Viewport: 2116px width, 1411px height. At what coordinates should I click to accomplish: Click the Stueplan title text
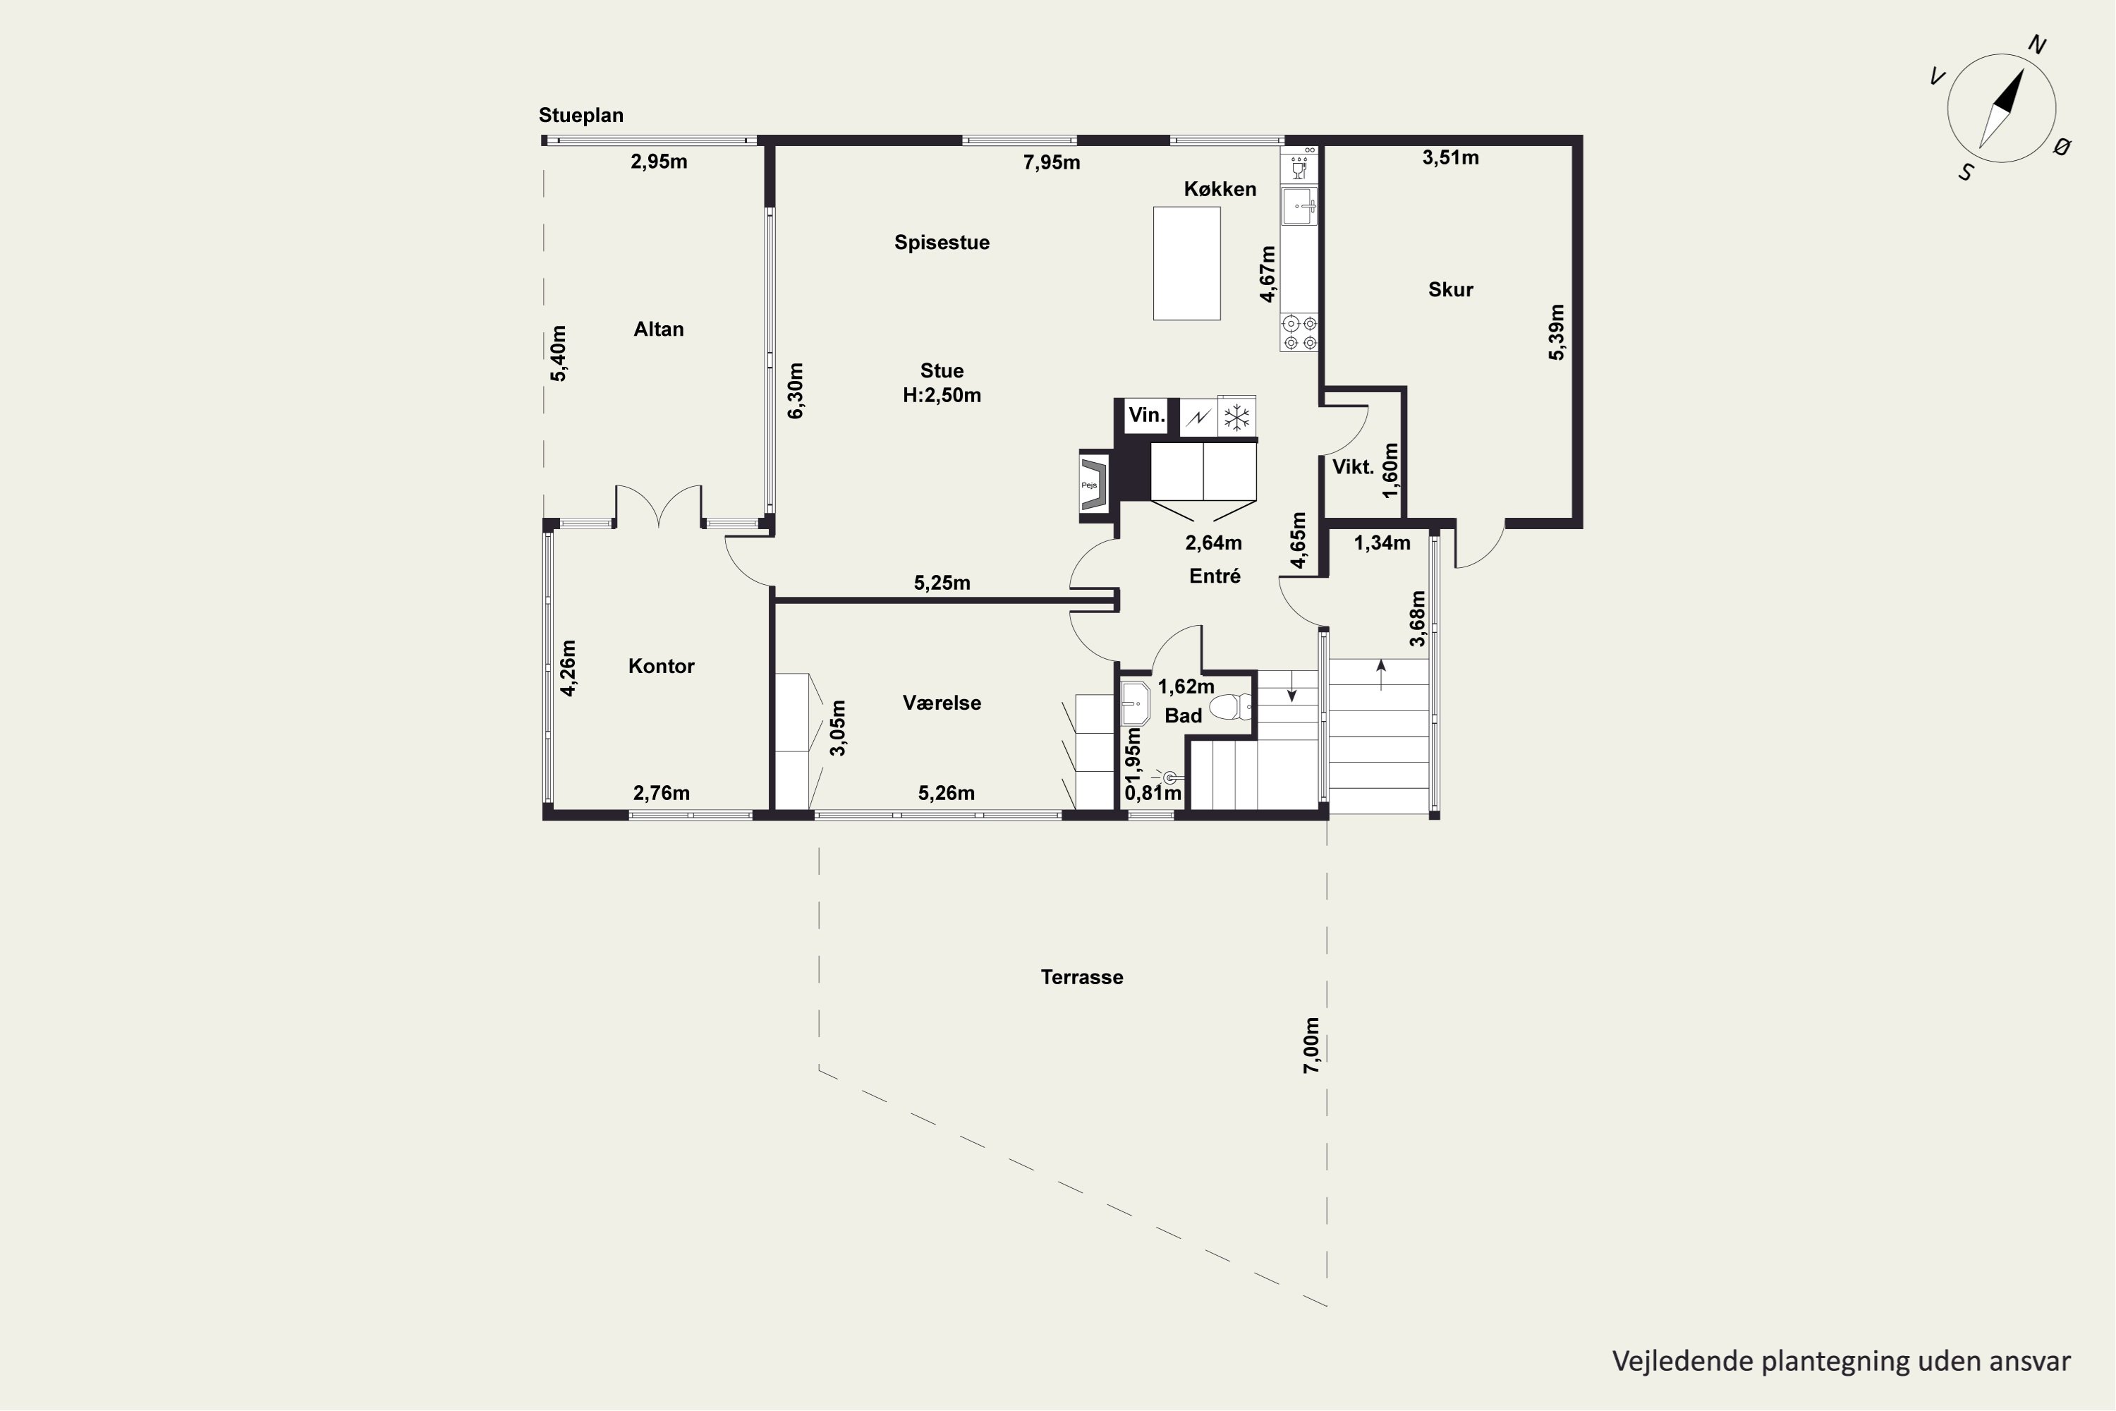[x=581, y=115]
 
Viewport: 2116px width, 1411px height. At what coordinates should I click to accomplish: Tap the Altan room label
[x=659, y=329]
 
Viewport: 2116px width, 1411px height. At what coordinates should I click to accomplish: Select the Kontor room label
[x=662, y=666]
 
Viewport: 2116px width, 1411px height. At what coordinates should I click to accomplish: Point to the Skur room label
[x=1450, y=290]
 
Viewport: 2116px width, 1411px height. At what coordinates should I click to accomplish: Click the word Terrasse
[x=1081, y=977]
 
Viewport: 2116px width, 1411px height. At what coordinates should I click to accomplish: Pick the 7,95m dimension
[x=1052, y=163]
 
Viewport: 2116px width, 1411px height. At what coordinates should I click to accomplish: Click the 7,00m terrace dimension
[x=1312, y=1046]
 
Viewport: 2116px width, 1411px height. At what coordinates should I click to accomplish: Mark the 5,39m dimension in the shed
[x=1557, y=332]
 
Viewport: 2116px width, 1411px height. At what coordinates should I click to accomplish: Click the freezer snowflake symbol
[x=1237, y=418]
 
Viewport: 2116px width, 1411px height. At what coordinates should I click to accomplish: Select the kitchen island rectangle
[x=1186, y=264]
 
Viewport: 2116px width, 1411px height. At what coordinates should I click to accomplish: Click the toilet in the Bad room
[x=1231, y=708]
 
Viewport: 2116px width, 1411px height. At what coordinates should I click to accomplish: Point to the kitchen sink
[x=1299, y=206]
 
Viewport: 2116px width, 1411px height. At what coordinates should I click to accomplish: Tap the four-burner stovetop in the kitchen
[x=1300, y=332]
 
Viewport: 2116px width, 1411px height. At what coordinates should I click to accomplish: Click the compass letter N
[x=2037, y=46]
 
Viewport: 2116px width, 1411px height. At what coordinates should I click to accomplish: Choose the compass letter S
[x=1966, y=173]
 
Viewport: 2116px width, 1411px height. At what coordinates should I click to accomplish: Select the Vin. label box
[x=1146, y=416]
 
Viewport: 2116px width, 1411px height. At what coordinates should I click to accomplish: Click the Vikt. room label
[x=1353, y=467]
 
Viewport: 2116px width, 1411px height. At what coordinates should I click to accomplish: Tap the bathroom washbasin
[x=1136, y=703]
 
